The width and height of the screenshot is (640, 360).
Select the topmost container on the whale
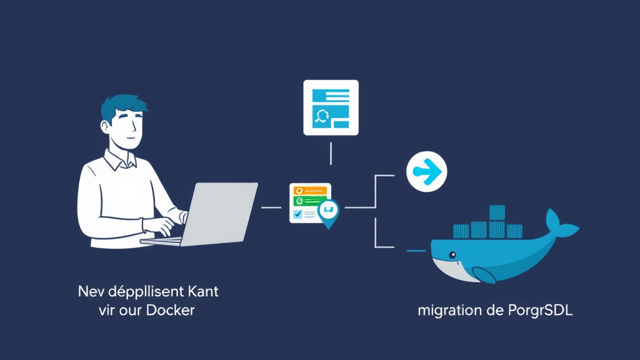pyautogui.click(x=497, y=212)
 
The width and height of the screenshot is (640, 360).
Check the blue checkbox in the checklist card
pyautogui.click(x=297, y=214)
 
